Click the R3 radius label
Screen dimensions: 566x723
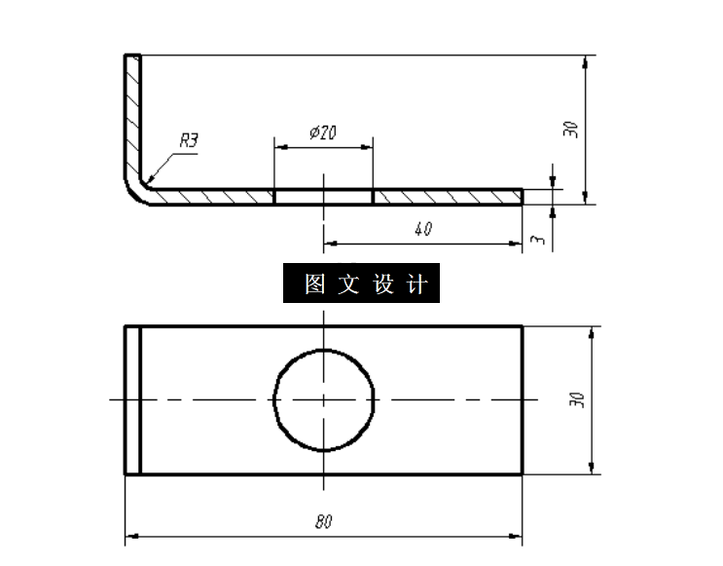click(189, 141)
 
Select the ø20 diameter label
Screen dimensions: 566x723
click(322, 132)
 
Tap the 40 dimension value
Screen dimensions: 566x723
click(422, 230)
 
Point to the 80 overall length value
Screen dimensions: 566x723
click(324, 521)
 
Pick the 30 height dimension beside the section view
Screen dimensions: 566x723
click(572, 129)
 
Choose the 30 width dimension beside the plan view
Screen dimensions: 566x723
click(579, 399)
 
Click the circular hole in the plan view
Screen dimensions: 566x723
click(324, 400)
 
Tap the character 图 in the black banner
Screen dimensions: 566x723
click(313, 284)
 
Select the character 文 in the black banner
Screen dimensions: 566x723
click(347, 284)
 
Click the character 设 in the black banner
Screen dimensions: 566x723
click(382, 284)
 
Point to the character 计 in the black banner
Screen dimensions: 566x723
click(416, 284)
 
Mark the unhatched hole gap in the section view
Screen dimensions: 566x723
click(324, 197)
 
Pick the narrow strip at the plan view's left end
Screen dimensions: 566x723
click(133, 400)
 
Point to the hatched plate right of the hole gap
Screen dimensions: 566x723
click(448, 197)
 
